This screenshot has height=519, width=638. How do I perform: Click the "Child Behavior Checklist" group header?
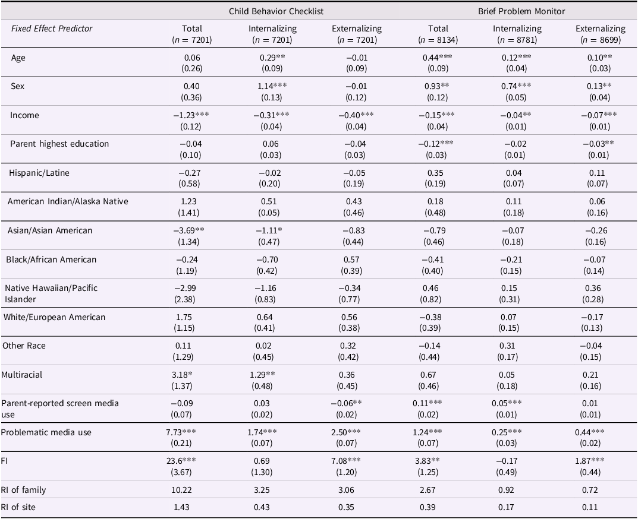point(276,11)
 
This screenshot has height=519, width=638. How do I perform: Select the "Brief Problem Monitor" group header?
point(521,11)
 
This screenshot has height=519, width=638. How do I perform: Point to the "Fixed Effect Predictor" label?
point(52,29)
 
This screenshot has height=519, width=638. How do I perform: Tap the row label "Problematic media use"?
point(46,432)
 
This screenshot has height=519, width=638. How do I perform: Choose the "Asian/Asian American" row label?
point(49,230)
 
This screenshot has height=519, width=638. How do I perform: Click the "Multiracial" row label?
point(21,375)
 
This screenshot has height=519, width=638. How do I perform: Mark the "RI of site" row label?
point(18,507)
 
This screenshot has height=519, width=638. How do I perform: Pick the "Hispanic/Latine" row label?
point(39,173)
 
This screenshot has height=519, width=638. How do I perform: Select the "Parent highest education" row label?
point(59,144)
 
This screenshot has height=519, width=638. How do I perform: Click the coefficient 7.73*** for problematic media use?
point(181,432)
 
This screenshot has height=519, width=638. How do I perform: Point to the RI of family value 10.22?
point(181,490)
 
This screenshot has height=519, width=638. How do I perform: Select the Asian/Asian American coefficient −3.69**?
point(189,230)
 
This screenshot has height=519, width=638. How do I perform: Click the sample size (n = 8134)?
point(438,40)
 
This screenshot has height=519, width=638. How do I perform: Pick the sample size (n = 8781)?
point(517,40)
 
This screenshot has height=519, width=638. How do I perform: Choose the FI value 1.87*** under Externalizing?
point(590,460)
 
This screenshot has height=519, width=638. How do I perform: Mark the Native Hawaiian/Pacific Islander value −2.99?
point(185,288)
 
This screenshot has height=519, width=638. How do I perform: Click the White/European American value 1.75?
point(184,317)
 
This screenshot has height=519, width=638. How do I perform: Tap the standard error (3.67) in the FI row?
point(181,472)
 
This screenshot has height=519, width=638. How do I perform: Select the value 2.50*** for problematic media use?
point(346,432)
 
